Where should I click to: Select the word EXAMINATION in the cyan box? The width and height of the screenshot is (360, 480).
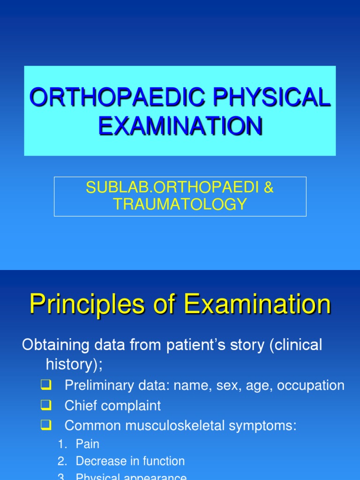coord(180,126)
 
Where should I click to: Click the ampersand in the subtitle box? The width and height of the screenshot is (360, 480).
coord(268,187)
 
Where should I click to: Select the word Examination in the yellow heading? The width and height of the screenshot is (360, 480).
coord(257,305)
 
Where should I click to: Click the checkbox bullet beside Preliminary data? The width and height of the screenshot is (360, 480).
coord(46,385)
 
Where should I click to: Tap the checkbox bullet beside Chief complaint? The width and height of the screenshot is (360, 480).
coord(46,405)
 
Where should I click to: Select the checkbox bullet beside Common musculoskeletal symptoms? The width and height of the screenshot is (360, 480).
coord(46,426)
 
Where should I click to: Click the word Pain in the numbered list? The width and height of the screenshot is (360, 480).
coord(88,444)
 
